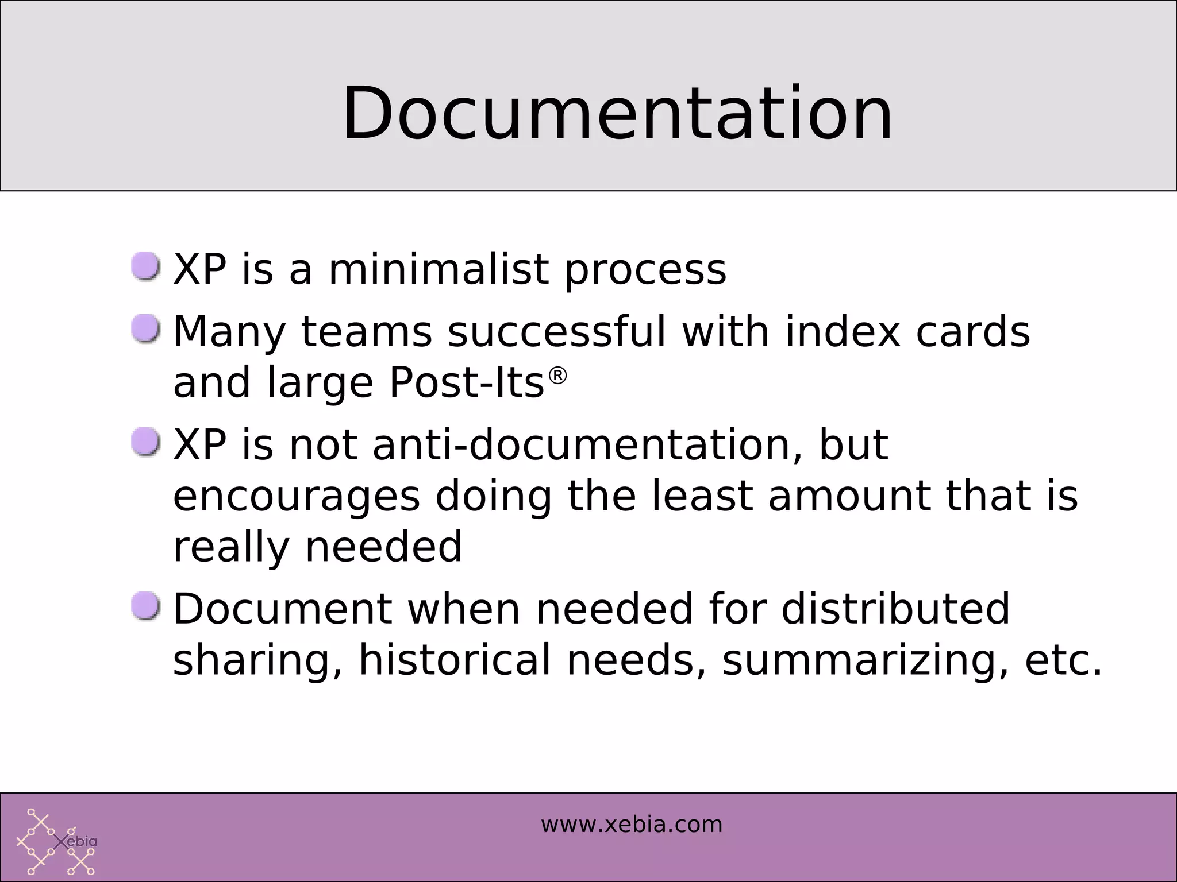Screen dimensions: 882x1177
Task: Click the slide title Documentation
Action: pyautogui.click(x=617, y=113)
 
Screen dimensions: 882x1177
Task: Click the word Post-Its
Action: pyautogui.click(x=467, y=382)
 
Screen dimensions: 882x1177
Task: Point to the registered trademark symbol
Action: pyautogui.click(x=557, y=376)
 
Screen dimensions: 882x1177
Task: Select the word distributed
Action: pyautogui.click(x=895, y=608)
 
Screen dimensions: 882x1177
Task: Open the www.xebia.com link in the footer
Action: pyautogui.click(x=632, y=825)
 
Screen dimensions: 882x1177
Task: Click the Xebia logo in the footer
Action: pyautogui.click(x=56, y=842)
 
